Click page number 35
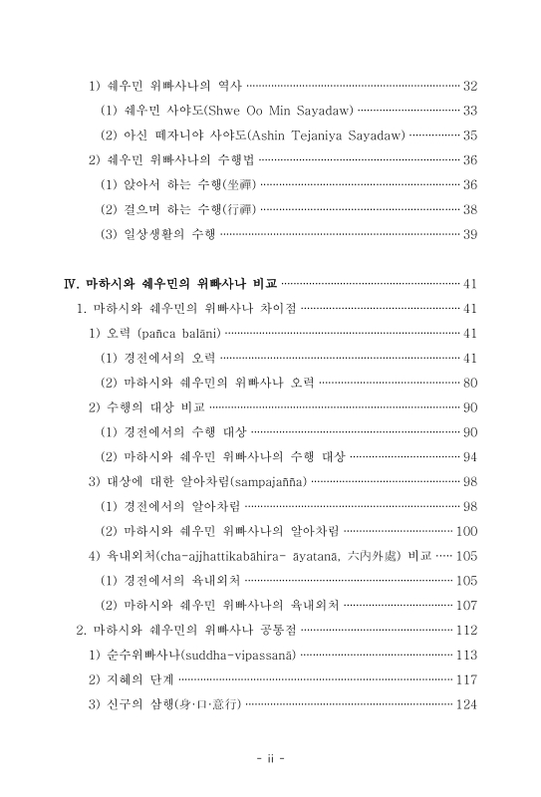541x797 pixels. (x=471, y=134)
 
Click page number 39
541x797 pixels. (x=471, y=235)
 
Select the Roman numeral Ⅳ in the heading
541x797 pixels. (x=71, y=283)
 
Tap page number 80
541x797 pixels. (x=471, y=383)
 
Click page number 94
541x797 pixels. (x=471, y=456)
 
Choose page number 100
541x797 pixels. (x=467, y=530)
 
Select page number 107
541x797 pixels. (x=467, y=605)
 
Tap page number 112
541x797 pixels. (x=467, y=630)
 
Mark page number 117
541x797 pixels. (x=467, y=679)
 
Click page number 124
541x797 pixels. (x=467, y=704)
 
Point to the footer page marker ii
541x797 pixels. (x=270, y=758)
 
